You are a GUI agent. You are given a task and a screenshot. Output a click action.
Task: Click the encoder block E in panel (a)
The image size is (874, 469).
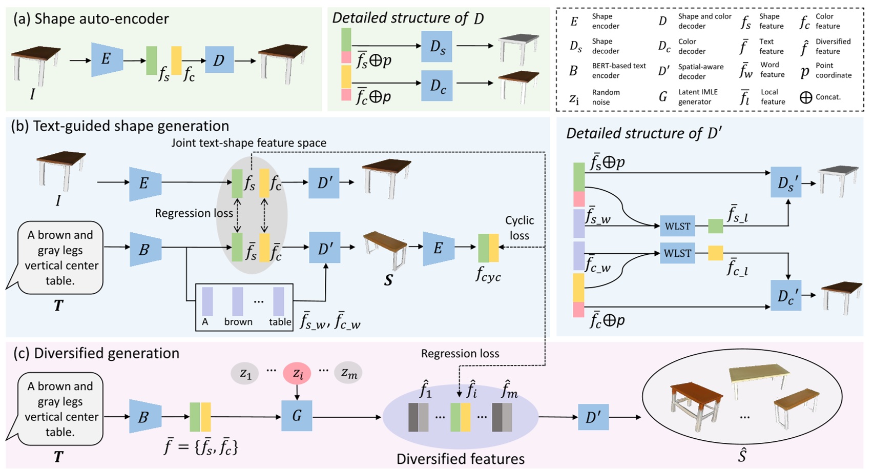[107, 59]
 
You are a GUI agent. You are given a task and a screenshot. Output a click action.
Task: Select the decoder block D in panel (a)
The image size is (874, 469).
[219, 60]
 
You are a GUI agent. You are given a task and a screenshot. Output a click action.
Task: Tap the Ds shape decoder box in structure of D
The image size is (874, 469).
[436, 47]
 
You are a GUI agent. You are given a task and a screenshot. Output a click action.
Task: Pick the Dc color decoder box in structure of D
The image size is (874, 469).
[436, 86]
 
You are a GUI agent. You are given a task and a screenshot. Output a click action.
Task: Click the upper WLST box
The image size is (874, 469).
[677, 226]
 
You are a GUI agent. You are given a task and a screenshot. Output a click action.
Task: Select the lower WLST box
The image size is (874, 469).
[677, 253]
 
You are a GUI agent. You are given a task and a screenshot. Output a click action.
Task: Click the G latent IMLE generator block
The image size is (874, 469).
[297, 416]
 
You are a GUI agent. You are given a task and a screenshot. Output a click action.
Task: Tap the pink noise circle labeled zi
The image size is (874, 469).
[297, 373]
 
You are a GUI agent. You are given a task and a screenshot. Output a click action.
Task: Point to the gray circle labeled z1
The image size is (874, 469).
[245, 373]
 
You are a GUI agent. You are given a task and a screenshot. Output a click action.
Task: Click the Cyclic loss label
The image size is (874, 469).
[519, 228]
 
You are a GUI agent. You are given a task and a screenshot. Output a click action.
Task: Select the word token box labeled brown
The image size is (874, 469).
[238, 302]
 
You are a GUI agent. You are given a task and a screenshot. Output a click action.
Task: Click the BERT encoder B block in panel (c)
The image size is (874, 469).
[144, 417]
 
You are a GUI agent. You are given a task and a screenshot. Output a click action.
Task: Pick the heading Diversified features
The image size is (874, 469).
[460, 459]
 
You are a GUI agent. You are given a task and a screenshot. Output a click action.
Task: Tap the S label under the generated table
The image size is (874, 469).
[388, 280]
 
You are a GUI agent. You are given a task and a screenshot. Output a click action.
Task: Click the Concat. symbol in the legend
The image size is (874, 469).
[805, 97]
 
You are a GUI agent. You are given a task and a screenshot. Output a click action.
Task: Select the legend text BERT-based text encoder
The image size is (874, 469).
[618, 71]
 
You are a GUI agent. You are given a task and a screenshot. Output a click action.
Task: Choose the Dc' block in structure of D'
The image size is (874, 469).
[786, 296]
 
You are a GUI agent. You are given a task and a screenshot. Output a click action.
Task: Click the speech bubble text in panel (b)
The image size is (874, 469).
[61, 257]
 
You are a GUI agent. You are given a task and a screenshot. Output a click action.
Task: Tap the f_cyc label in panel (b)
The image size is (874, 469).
[488, 276]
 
